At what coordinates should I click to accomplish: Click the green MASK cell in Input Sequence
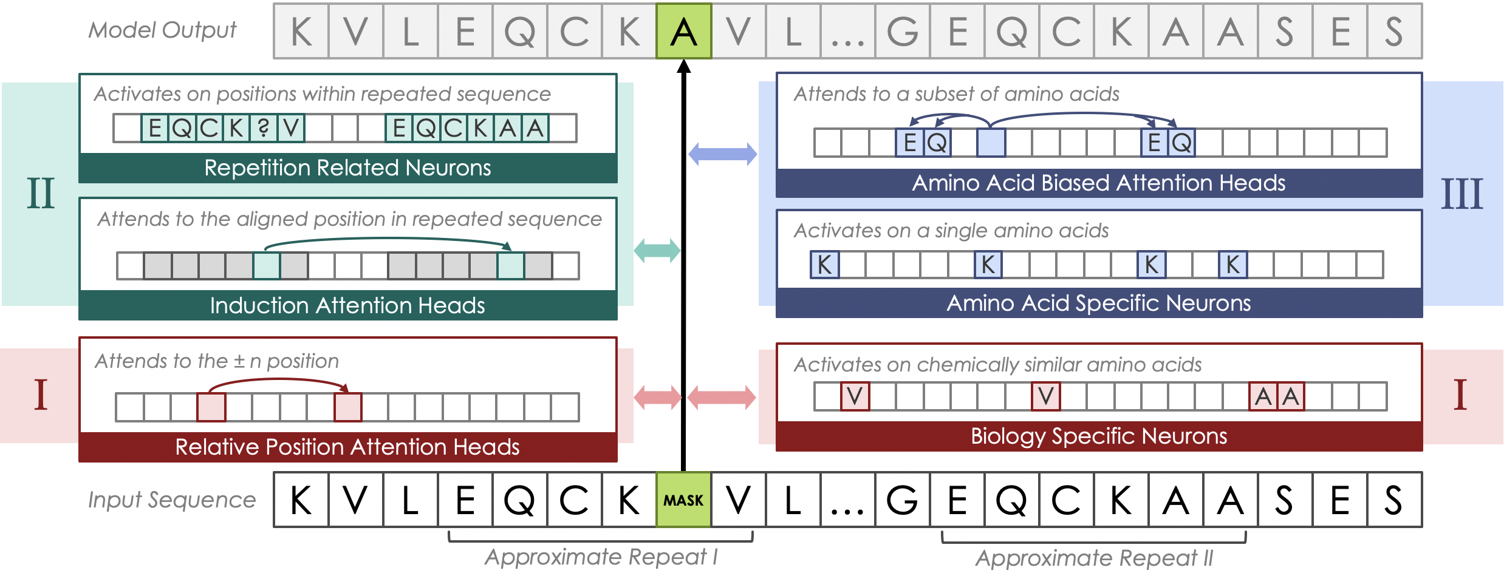point(683,500)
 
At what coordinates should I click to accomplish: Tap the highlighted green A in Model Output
point(683,31)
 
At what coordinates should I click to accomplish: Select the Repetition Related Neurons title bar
point(347,168)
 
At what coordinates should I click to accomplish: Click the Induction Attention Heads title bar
point(347,305)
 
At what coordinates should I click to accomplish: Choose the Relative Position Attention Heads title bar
point(347,447)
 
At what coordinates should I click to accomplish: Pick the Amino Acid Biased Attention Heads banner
point(1098,183)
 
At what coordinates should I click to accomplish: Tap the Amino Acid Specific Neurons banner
point(1098,303)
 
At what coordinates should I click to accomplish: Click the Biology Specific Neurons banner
point(1098,436)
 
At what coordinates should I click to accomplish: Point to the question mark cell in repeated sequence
point(263,128)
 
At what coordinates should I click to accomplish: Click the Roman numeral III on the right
point(1461,194)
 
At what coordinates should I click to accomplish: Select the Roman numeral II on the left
point(41,194)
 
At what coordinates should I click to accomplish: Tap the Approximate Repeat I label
point(601,557)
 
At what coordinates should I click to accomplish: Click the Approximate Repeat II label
point(1093,558)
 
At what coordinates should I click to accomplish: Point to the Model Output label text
point(162,30)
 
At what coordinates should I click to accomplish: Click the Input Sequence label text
point(172,500)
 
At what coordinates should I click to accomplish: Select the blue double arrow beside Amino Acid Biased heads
point(722,154)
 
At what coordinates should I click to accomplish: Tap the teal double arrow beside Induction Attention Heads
point(657,250)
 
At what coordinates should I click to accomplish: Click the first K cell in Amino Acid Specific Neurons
point(824,265)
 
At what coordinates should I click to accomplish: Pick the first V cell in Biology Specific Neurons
point(855,396)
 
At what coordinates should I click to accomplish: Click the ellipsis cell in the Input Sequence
point(847,500)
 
